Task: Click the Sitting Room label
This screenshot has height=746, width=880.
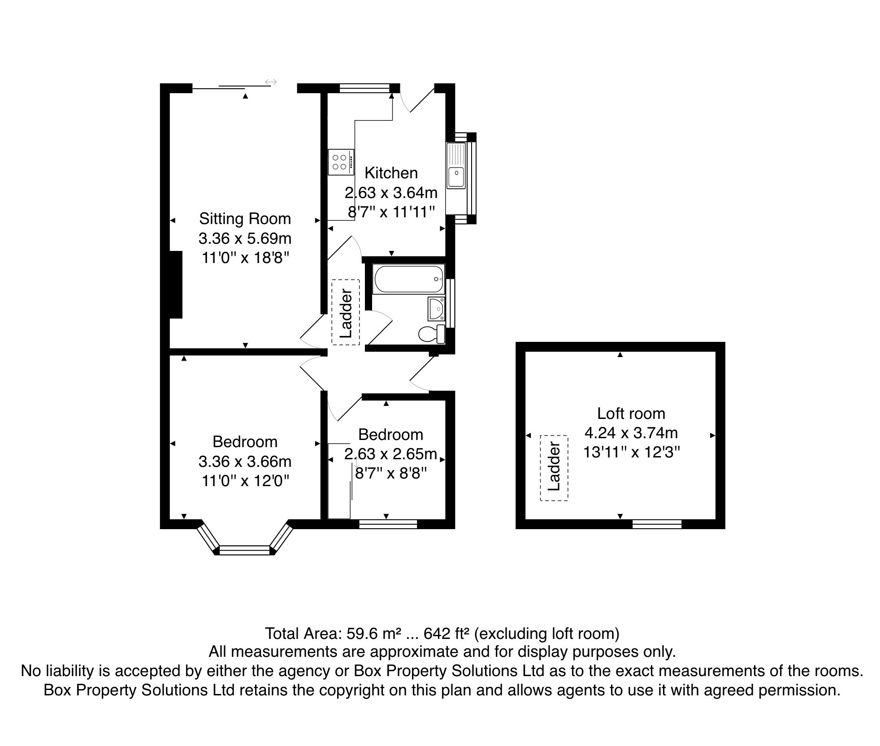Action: point(245,219)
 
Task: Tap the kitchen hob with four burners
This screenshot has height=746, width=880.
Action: point(340,162)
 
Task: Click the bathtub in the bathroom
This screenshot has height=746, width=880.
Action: point(407,280)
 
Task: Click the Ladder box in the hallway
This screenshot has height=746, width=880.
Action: point(346,313)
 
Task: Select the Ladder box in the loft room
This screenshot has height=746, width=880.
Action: point(554,468)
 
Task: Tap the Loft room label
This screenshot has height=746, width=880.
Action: point(631,413)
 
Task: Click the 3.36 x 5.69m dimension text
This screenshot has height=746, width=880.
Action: point(245,238)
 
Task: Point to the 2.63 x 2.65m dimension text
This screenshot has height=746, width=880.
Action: point(390,454)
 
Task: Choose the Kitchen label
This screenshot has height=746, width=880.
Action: point(391,173)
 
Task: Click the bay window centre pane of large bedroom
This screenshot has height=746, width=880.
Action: point(245,549)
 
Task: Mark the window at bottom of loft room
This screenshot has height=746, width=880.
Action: point(656,524)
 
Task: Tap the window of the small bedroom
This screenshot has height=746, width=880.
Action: point(388,524)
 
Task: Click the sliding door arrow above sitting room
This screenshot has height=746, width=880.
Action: point(271,82)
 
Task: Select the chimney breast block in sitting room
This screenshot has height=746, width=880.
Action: point(176,285)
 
